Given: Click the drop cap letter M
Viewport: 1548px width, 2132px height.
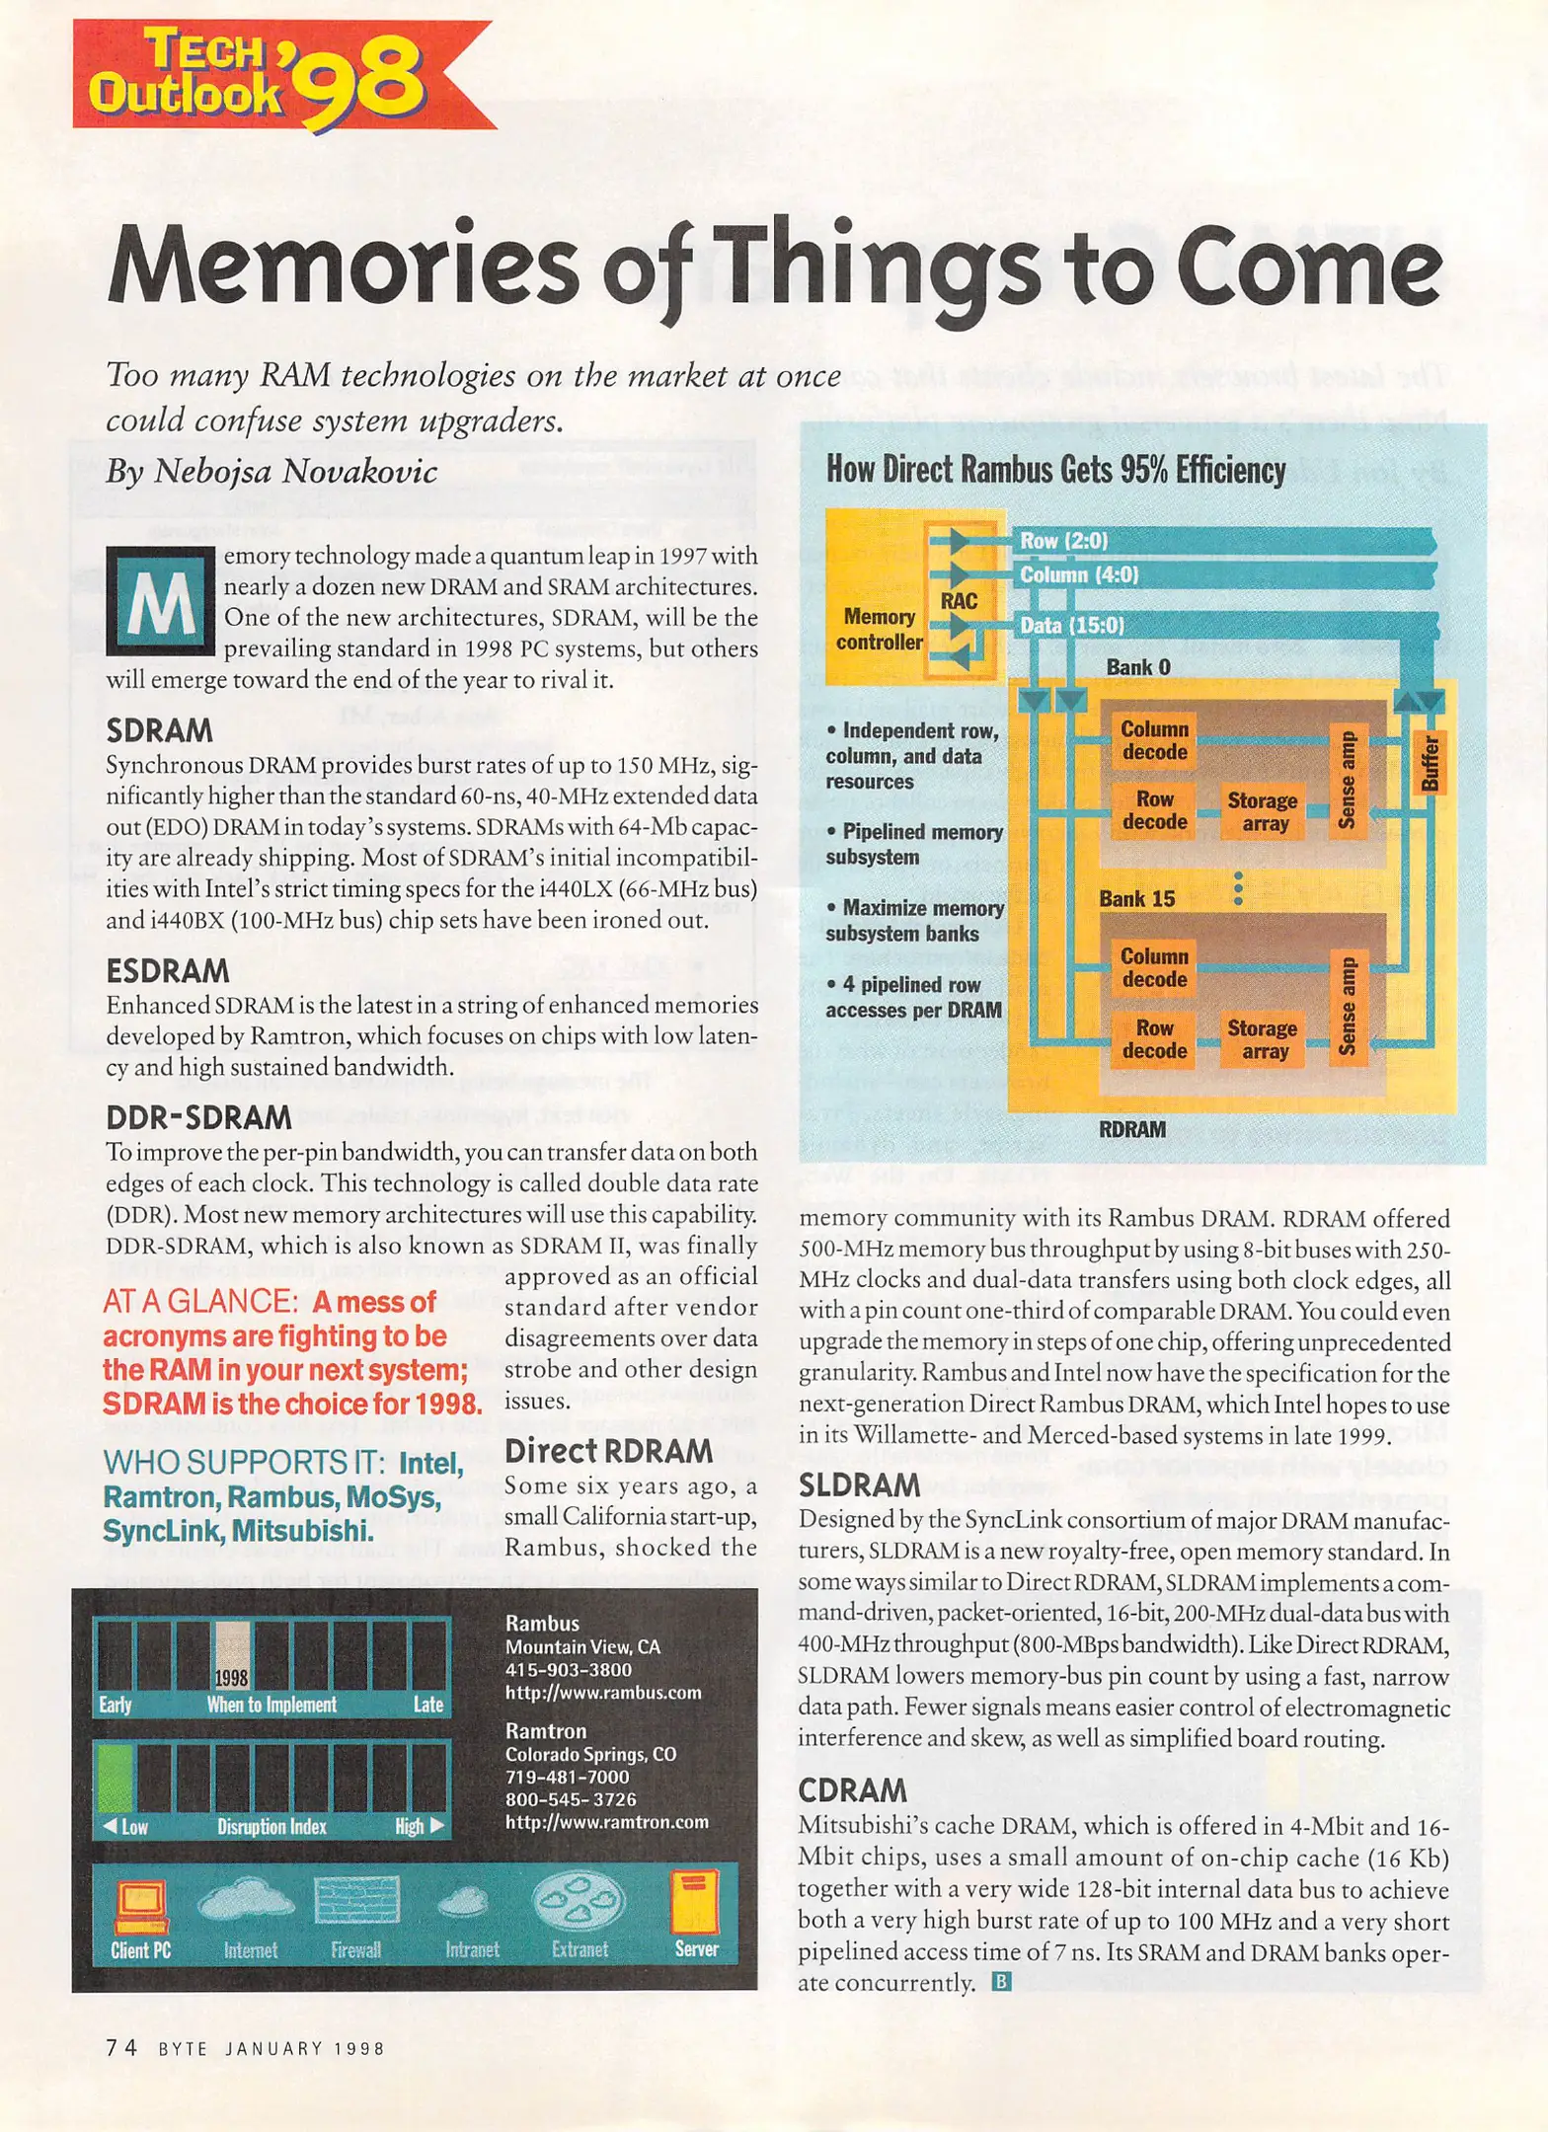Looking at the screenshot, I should click(160, 600).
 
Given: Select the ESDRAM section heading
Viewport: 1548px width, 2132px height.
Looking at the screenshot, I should click(168, 971).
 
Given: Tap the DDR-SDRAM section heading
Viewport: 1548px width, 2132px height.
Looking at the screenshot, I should click(198, 1117).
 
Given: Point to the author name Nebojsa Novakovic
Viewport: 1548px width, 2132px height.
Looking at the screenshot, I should click(295, 471).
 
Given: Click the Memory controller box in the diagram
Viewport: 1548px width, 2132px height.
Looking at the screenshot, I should click(879, 629).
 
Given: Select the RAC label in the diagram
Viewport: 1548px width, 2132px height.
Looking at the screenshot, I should click(958, 600).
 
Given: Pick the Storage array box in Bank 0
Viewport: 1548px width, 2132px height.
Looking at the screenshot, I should click(1263, 811).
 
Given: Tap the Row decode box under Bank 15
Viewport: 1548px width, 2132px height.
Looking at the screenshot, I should click(1154, 1038).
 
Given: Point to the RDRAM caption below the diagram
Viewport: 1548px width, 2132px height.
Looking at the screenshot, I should click(1132, 1129).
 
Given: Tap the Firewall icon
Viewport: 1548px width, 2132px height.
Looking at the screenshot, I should click(355, 1902).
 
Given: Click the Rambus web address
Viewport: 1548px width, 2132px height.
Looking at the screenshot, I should click(603, 1692).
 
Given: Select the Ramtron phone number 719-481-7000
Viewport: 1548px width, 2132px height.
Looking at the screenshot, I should click(567, 1777).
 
